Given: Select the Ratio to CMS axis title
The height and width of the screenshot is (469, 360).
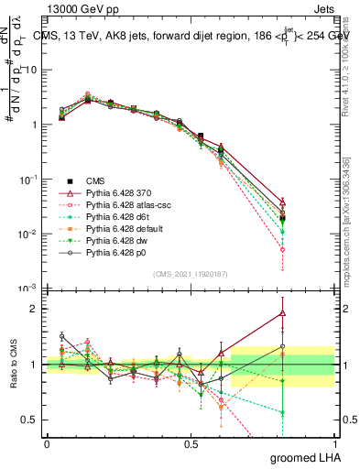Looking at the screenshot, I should pyautogui.click(x=13, y=366).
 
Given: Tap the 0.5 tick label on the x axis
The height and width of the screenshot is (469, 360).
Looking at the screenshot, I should pyautogui.click(x=191, y=443).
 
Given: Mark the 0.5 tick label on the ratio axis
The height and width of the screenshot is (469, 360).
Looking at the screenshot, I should pyautogui.click(x=30, y=420).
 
